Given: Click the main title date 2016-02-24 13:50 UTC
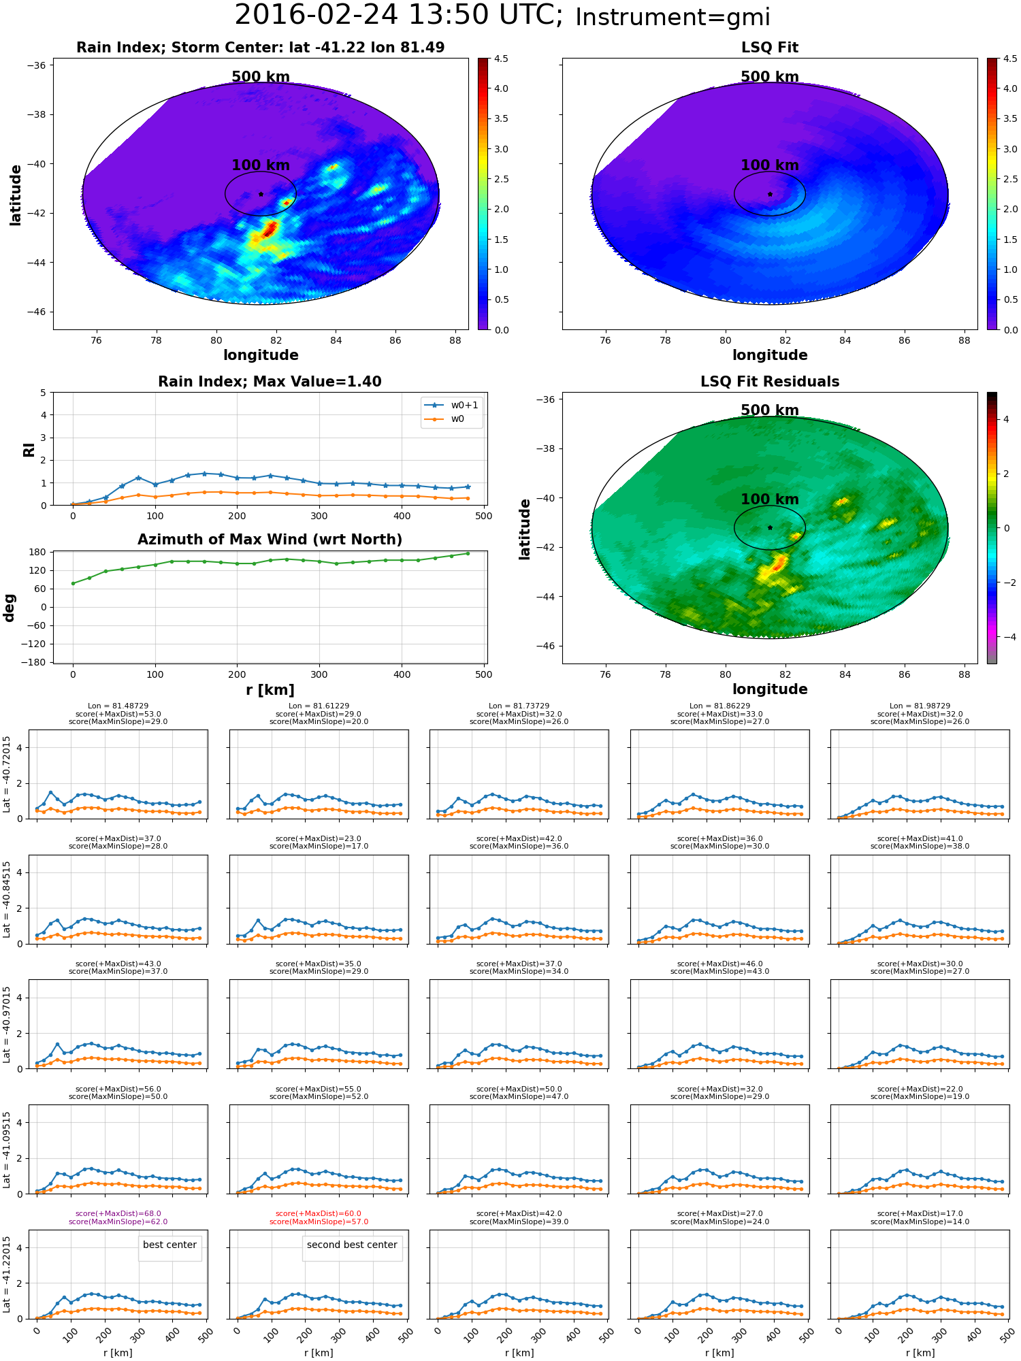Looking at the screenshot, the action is (x=399, y=16).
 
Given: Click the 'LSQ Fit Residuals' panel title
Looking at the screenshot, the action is (x=770, y=382).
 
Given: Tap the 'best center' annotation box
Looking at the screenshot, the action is (x=169, y=1245).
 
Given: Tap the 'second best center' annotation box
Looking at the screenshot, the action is (x=352, y=1245).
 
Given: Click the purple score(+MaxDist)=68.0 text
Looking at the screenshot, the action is (x=118, y=1214).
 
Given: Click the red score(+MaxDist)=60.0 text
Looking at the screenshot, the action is (x=319, y=1214).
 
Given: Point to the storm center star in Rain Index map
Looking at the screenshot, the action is (x=261, y=194).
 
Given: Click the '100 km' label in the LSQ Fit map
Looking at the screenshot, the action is (x=770, y=165).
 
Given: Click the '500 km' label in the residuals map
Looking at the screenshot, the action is (x=770, y=410).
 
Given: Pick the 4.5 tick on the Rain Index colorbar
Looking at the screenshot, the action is (x=501, y=59).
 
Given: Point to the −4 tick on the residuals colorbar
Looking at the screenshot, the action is (x=1006, y=637).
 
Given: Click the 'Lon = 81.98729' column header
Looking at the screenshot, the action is (x=920, y=706).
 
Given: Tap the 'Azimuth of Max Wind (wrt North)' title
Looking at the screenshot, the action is (x=270, y=540).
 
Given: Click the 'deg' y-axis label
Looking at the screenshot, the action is (x=10, y=608).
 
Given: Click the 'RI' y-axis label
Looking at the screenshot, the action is (x=29, y=449).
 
